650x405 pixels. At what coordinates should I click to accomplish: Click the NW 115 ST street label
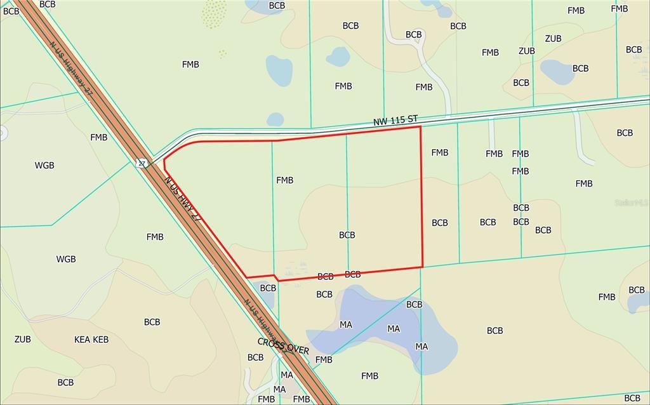395,119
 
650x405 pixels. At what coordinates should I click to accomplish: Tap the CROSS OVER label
283,346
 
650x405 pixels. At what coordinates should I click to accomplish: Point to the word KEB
101,340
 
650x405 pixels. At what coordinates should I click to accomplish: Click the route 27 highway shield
142,164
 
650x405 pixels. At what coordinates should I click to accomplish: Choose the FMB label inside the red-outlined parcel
285,180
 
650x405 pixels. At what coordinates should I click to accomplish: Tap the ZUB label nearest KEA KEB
23,339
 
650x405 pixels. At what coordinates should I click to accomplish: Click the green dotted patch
215,14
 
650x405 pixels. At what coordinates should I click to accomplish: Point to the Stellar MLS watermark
631,202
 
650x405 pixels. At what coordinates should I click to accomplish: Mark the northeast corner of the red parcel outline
420,127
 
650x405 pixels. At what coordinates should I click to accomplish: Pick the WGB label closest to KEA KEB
66,259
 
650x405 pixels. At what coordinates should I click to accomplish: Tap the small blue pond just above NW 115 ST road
275,119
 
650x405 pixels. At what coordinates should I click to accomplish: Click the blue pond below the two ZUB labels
557,72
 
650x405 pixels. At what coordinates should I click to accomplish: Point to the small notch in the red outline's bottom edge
275,277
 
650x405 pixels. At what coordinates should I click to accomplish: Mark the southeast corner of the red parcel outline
422,267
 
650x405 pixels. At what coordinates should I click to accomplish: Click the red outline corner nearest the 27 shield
164,161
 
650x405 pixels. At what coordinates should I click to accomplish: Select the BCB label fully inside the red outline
347,235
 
